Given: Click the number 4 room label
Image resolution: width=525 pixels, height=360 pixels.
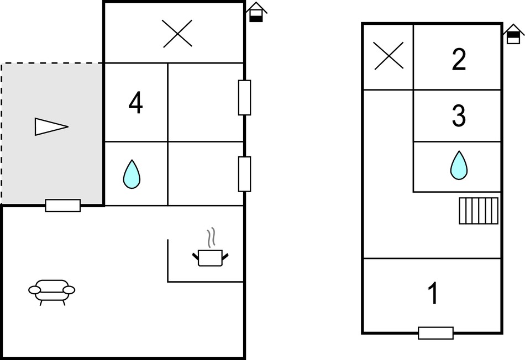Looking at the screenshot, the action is [135, 103].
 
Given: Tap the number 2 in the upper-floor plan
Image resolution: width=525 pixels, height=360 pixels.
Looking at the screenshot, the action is [459, 59].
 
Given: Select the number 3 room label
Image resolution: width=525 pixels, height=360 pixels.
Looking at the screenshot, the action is [459, 116].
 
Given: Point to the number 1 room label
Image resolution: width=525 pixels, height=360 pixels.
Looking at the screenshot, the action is [433, 293].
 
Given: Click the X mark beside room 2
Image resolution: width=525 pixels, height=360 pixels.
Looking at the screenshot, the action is [389, 56].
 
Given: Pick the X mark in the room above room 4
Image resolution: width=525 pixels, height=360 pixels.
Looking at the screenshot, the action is [177, 34].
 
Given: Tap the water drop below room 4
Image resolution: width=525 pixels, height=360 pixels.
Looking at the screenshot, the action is [132, 174].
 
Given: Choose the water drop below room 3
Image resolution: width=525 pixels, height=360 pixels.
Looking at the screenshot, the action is [459, 165].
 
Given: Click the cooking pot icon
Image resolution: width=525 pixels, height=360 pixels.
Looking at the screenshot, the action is [210, 258].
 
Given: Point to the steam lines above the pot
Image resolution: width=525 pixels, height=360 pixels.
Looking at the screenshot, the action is [211, 237].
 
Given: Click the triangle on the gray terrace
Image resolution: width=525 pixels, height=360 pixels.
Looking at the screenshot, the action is [51, 126].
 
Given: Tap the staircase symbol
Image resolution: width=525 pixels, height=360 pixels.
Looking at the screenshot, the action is [479, 211].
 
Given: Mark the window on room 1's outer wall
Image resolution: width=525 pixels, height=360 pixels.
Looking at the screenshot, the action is [435, 333].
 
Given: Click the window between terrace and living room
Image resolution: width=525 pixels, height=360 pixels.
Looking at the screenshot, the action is [63, 205].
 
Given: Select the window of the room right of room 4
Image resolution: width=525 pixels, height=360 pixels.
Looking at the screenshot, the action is [244, 98].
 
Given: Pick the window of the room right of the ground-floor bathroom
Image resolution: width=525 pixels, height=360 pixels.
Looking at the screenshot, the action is [244, 174].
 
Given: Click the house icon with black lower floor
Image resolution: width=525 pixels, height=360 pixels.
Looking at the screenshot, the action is [256, 12].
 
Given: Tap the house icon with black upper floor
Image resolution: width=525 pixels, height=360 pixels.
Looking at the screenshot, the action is [513, 34].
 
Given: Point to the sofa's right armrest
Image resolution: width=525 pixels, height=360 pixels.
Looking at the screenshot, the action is [69, 290].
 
